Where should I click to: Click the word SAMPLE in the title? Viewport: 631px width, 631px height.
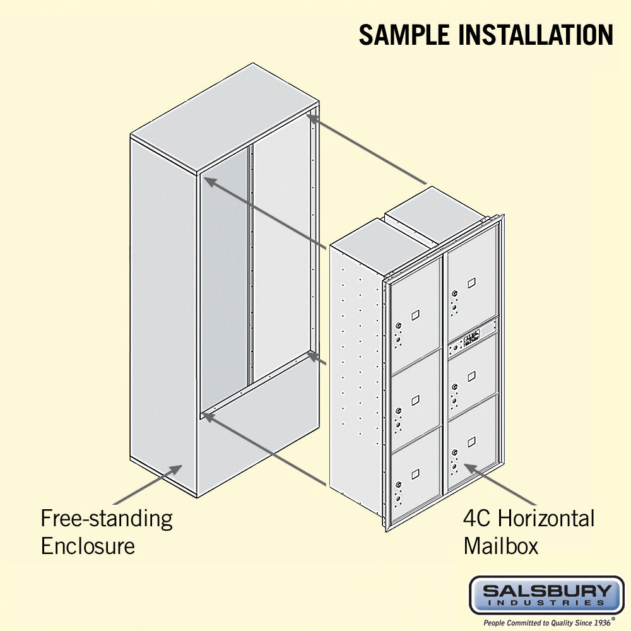404,35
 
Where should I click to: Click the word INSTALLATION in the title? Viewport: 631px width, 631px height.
536,35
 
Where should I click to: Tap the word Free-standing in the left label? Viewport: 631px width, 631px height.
107,519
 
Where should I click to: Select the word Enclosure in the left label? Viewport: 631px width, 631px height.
88,546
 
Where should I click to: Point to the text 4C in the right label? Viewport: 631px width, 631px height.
477,518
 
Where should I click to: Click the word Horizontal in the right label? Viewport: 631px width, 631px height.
546,518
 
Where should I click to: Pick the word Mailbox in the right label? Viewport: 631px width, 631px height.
500,546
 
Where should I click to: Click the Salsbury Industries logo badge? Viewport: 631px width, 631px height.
546,596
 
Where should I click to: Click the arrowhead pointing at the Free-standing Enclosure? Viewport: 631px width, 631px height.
175,469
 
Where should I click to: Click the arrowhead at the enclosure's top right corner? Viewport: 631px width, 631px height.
313,119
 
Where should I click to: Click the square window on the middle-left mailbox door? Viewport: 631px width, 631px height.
415,401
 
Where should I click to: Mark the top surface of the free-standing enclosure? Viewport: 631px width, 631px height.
225,117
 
